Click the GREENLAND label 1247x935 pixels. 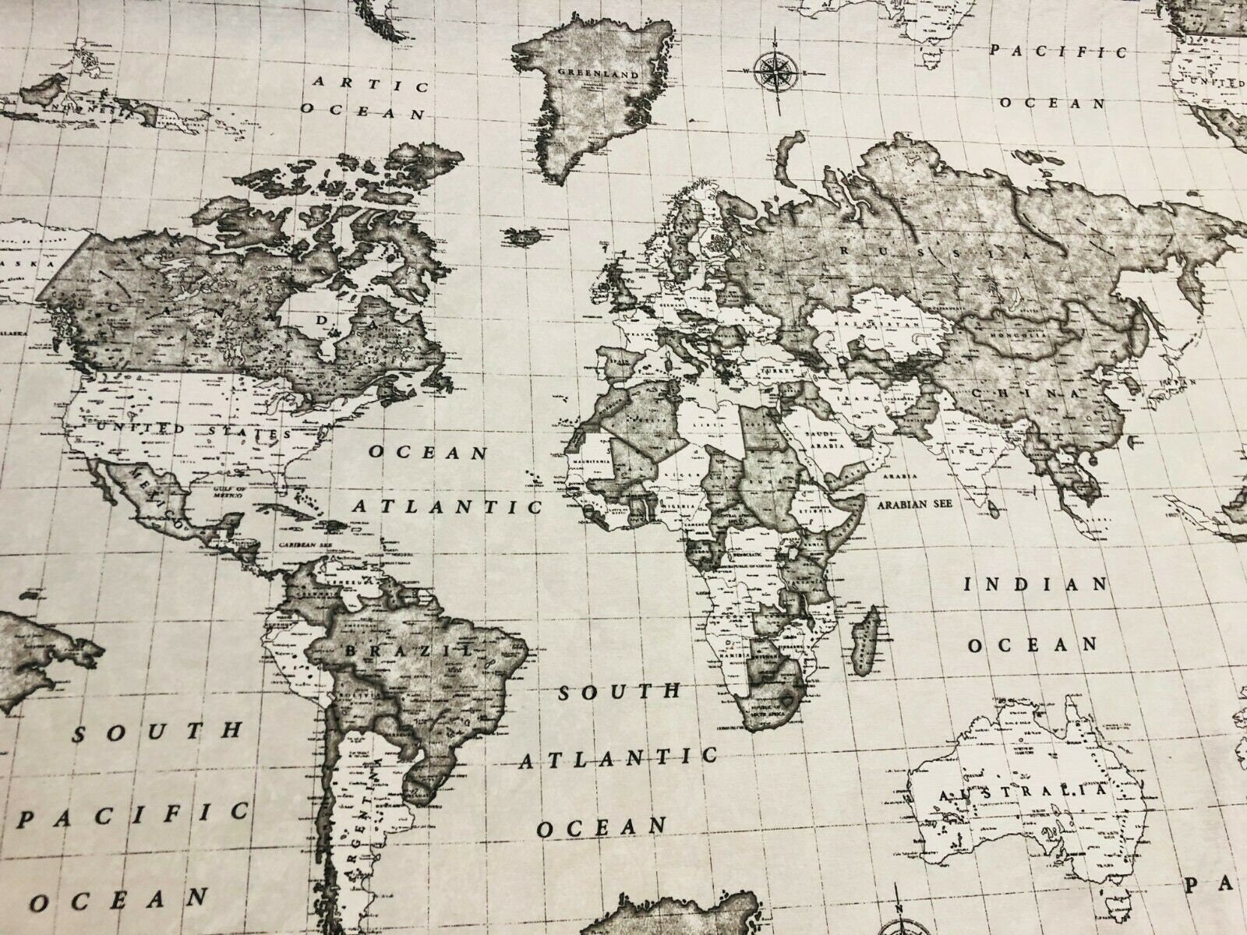coord(599,75)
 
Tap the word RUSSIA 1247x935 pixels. coord(935,252)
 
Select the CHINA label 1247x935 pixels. coord(1024,392)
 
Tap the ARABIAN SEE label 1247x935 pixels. coord(914,504)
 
